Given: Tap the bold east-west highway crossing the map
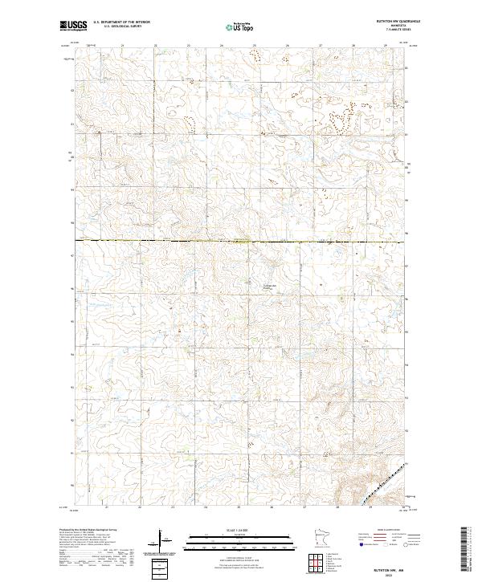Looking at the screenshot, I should [x=241, y=241].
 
